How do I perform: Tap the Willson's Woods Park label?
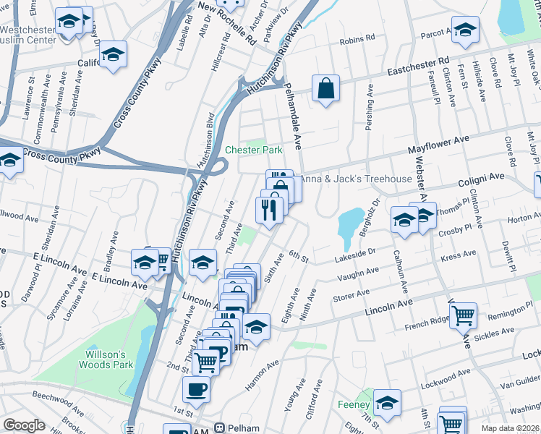coord(106,359)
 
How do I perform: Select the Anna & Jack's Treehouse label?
coord(355,179)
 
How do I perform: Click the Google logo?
coord(24,425)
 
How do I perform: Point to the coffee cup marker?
coord(196,391)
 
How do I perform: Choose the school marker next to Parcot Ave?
coord(465,30)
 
